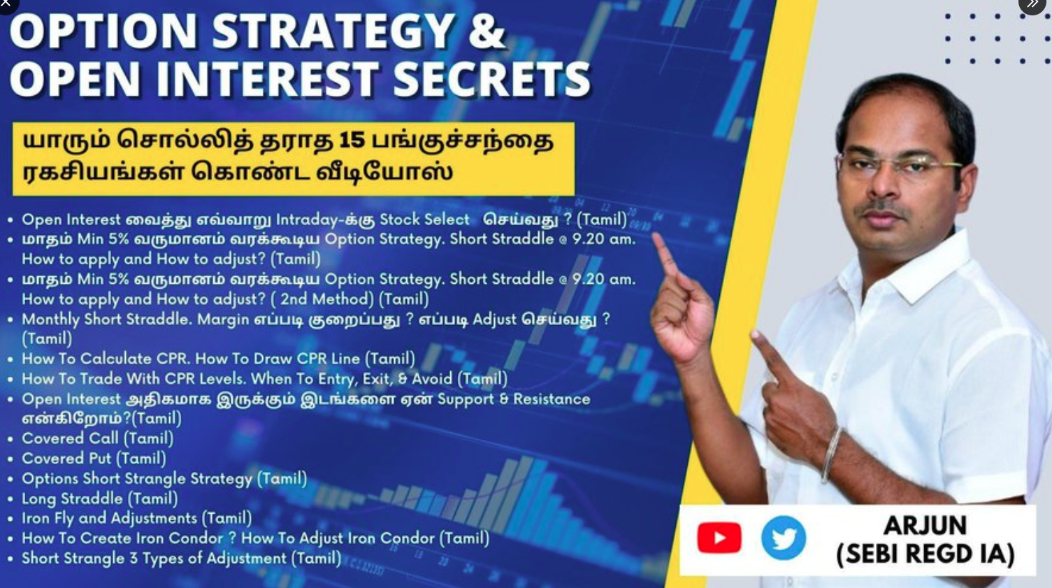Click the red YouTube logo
(719, 538)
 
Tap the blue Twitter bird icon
(784, 538)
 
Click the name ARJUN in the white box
(925, 526)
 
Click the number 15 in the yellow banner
(352, 140)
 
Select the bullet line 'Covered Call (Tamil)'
(98, 438)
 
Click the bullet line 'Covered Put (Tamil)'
(94, 459)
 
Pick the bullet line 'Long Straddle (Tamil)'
(100, 499)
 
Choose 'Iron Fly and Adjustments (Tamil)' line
(137, 518)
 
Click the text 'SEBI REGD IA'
(925, 554)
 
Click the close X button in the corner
(6, 3)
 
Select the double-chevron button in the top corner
(1032, 4)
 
